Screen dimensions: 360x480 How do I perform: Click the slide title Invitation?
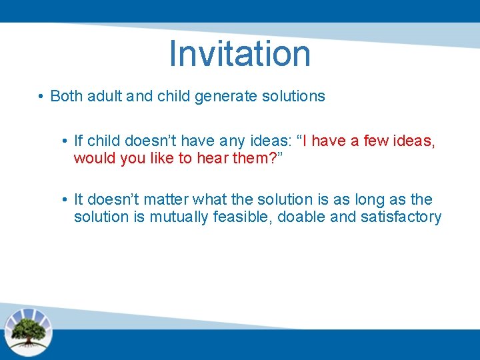[240, 53]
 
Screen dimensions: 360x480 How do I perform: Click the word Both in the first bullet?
[65, 96]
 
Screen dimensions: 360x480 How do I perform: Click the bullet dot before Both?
[41, 97]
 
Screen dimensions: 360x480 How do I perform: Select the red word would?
[93, 158]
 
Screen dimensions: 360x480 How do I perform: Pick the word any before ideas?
[234, 141]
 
